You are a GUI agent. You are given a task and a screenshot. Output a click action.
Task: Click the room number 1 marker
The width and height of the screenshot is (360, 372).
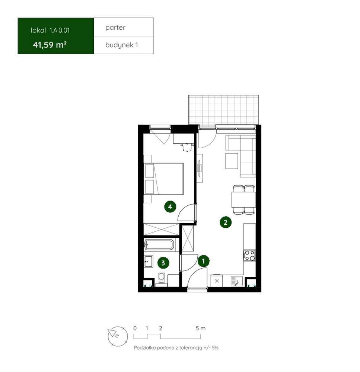(203, 261)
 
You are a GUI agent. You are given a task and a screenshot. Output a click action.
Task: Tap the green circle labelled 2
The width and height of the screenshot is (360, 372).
(225, 222)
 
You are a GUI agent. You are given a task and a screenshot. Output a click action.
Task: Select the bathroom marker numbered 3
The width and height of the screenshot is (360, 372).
(163, 263)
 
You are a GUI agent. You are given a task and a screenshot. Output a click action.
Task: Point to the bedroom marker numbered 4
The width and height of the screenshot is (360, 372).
(170, 206)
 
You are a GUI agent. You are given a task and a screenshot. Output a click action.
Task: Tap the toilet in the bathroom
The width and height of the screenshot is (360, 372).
(162, 279)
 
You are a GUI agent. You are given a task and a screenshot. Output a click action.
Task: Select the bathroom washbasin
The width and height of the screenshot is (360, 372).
(149, 262)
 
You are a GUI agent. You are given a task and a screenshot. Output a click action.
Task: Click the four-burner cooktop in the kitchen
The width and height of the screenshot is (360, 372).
(249, 256)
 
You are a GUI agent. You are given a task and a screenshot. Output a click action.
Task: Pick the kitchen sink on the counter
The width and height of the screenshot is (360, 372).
(237, 281)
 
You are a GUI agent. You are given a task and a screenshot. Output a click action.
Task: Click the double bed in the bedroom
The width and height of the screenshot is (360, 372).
(164, 179)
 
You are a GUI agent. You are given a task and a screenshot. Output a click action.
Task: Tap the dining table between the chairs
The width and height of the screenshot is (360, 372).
(243, 199)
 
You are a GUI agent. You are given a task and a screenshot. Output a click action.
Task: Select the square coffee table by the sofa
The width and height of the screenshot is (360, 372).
(232, 161)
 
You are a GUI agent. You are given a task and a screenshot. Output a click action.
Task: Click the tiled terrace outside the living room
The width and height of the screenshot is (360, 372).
(223, 110)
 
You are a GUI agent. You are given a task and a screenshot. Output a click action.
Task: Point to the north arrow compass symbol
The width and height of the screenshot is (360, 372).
(118, 336)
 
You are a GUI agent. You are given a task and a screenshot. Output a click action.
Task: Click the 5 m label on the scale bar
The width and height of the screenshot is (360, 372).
(200, 328)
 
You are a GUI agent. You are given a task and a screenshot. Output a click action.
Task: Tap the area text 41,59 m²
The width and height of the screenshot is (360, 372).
(50, 45)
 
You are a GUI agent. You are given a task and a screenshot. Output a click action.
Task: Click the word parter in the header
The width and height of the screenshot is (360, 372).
(115, 28)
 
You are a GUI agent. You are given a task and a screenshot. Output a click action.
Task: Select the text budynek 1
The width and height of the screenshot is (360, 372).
(122, 45)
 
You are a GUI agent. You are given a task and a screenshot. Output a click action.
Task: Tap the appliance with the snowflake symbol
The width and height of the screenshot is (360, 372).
(217, 280)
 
